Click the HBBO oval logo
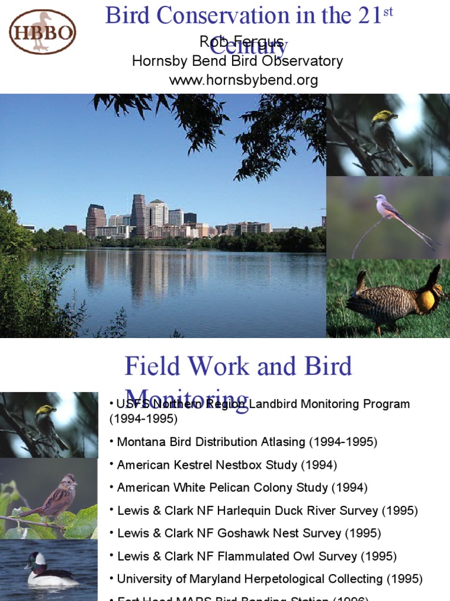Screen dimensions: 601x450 point(42,31)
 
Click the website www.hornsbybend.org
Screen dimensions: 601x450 point(243,80)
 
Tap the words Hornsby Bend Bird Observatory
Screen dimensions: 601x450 point(237,61)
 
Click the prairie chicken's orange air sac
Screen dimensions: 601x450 point(427,301)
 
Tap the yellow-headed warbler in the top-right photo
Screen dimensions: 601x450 point(384,131)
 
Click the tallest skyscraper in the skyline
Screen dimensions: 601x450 point(138,214)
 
